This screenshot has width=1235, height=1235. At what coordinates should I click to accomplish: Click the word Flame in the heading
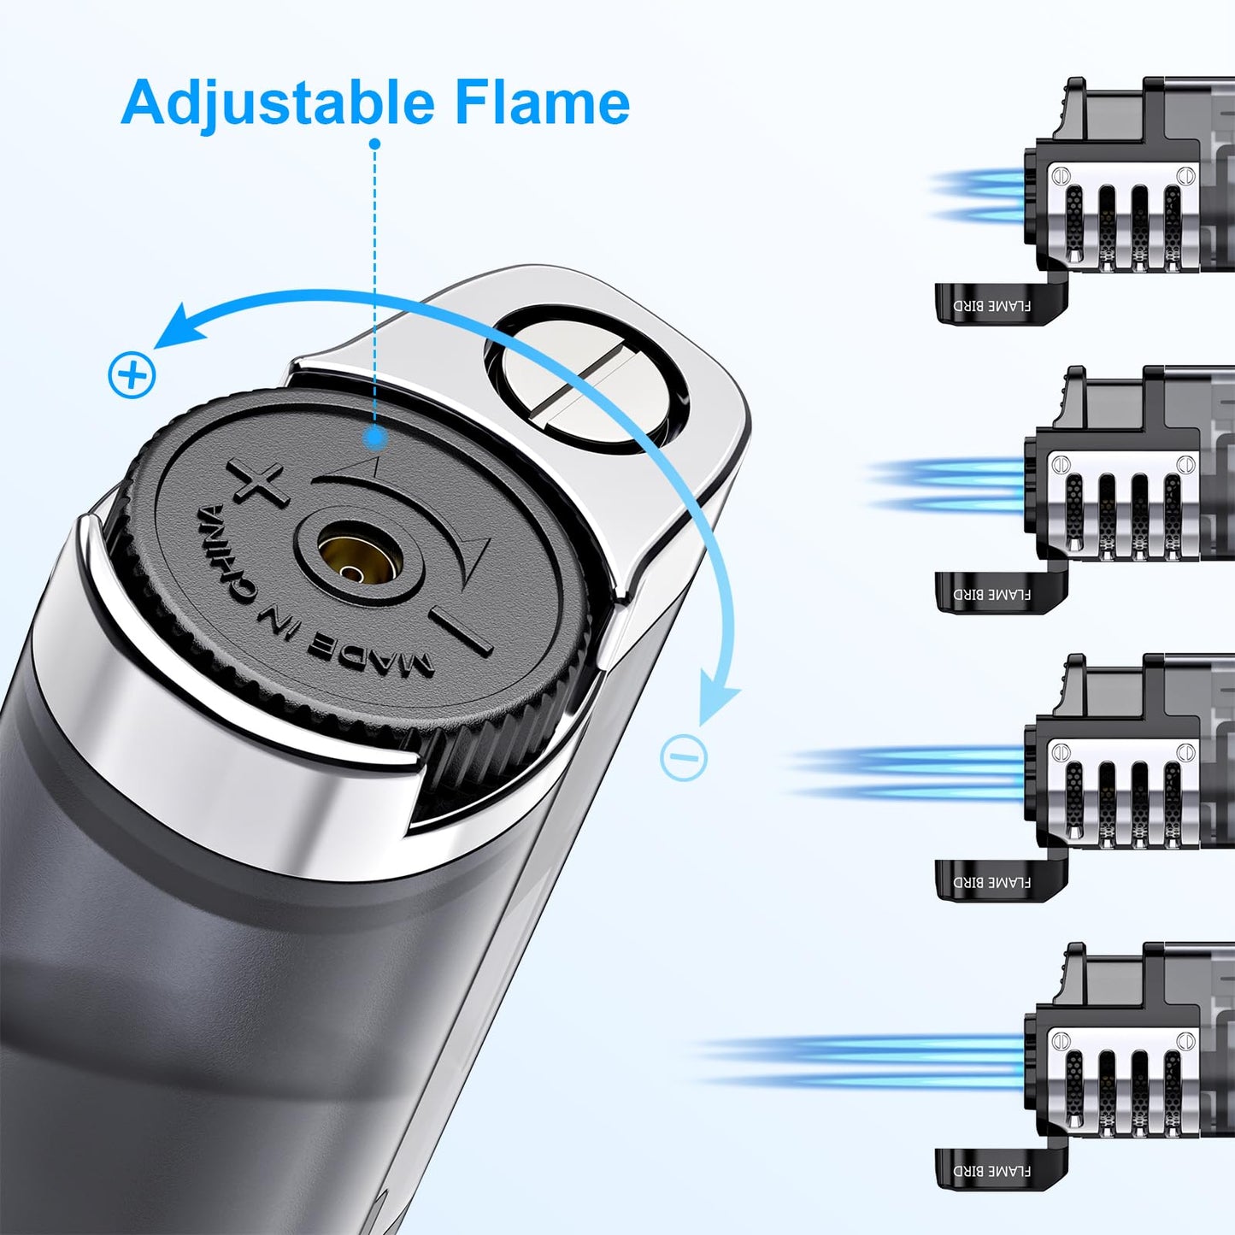pos(542,103)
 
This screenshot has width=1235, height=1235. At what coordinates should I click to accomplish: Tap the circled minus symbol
pos(684,756)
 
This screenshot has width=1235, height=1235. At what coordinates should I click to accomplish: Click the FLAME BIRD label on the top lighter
pos(991,306)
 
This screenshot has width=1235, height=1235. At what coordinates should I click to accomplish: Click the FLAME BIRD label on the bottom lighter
pos(991,1171)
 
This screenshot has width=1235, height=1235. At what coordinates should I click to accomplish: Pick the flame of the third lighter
pos(906,773)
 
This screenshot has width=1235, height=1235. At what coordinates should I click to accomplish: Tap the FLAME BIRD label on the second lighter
pos(991,594)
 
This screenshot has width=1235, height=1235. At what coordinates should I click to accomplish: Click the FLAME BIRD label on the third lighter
pos(991,882)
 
